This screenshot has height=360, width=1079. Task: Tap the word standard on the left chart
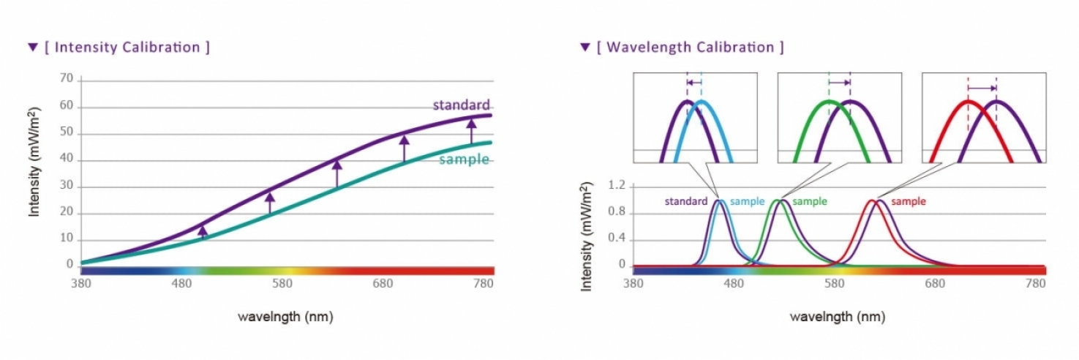coord(461,105)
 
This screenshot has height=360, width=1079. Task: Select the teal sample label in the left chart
coord(464,160)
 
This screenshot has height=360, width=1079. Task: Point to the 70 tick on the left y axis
coord(66,78)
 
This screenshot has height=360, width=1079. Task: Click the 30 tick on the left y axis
coord(66,186)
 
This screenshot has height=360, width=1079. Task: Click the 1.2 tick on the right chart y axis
coord(616,186)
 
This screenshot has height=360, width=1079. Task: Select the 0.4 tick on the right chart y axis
coord(616,239)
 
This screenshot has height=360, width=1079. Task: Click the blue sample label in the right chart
coord(747,201)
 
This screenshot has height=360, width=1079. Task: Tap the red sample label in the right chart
coord(908,201)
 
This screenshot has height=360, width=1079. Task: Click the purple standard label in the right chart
coord(685,201)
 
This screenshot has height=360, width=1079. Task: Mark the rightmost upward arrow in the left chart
coord(472,131)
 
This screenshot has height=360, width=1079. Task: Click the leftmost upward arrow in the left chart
coord(203,232)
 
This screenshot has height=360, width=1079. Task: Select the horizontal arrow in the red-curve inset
coord(982,89)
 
